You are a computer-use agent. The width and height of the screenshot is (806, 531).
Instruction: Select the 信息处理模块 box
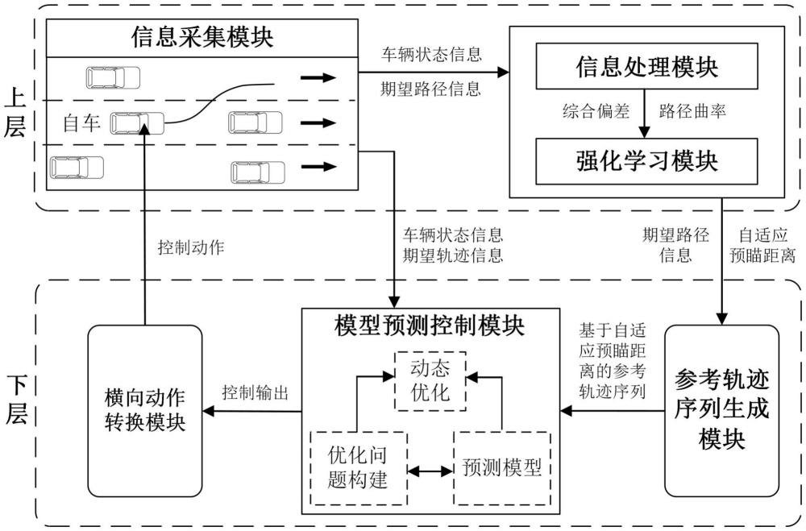(x=647, y=68)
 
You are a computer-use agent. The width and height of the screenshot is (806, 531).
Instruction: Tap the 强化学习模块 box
(x=647, y=158)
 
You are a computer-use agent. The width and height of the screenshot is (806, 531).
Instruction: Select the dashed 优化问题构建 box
(x=359, y=467)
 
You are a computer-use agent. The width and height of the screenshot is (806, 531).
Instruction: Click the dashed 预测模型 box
(x=501, y=467)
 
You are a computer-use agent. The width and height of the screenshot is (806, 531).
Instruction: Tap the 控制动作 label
(x=190, y=247)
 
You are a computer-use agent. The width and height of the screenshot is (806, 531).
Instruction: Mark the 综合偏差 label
(x=593, y=112)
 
